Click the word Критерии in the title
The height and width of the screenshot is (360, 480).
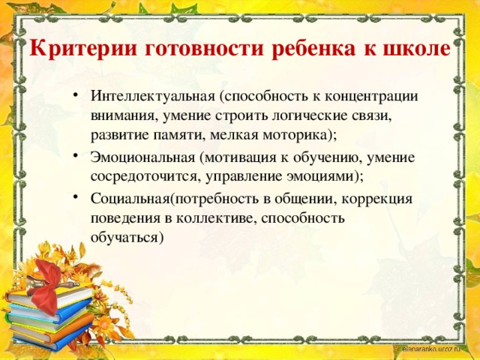[x=82, y=49]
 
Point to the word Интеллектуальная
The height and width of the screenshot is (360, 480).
[x=153, y=96]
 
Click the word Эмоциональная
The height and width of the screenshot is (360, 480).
[x=142, y=157]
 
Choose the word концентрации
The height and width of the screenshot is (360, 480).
[x=371, y=97]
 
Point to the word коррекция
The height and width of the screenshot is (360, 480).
[x=376, y=199]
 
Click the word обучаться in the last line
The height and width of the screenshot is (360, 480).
[x=124, y=238]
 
